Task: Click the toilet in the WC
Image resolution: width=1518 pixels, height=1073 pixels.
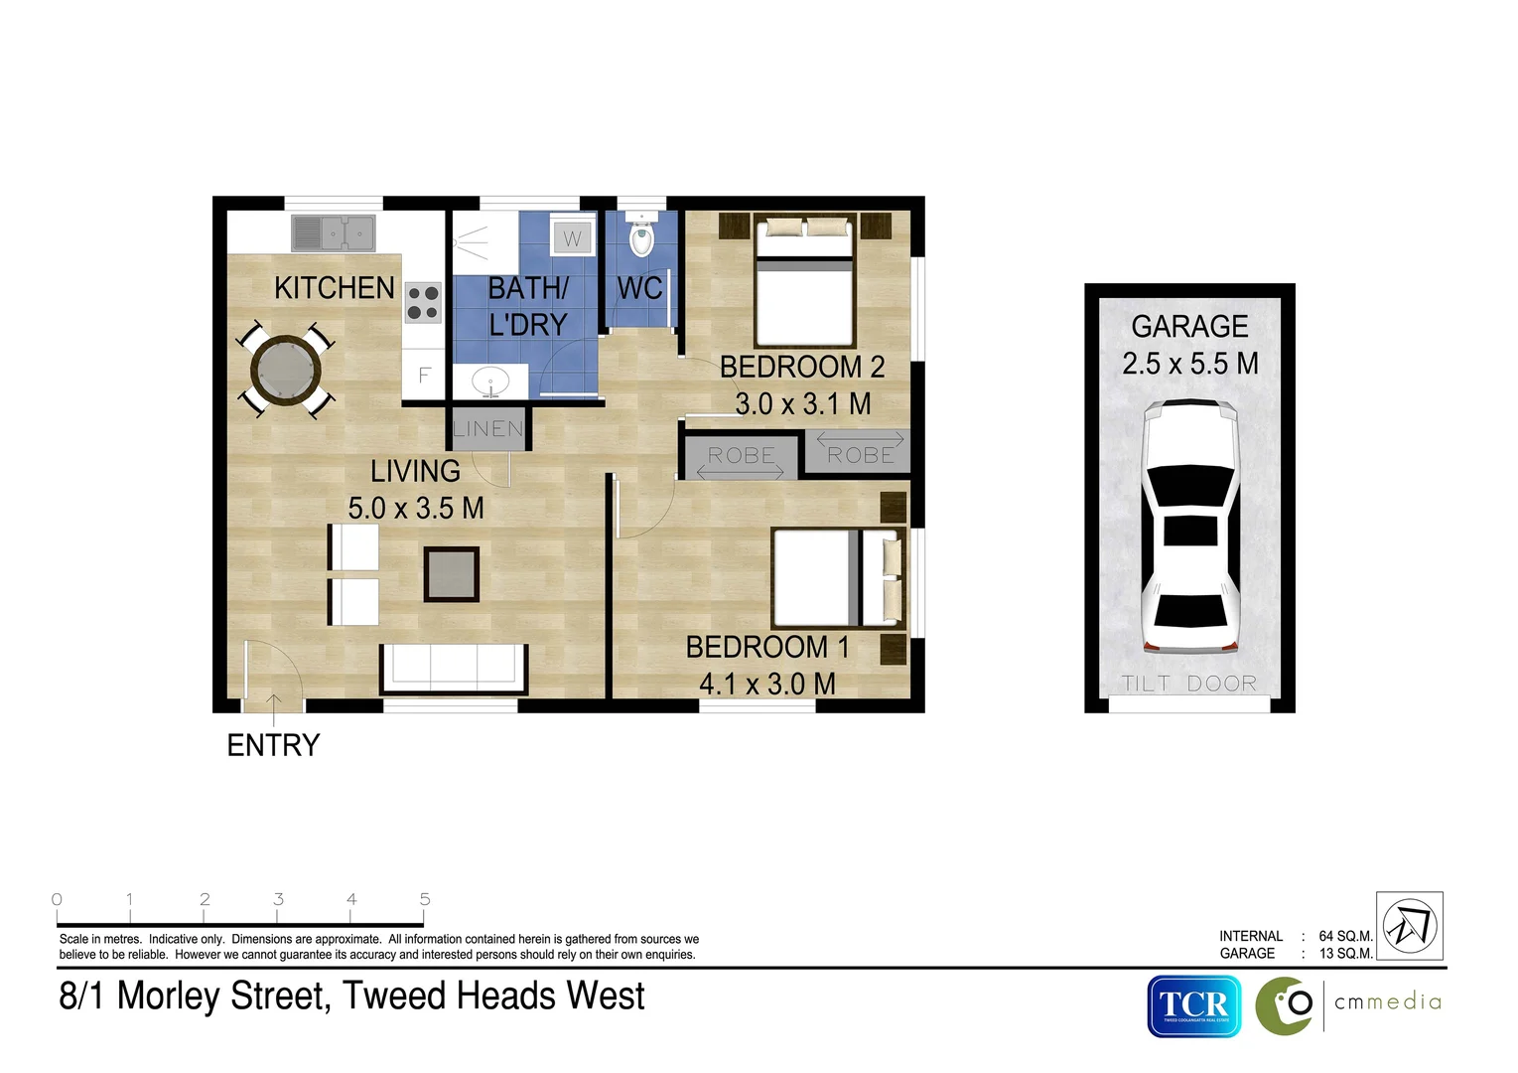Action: [x=642, y=237]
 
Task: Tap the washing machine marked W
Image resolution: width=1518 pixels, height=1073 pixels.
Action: [x=572, y=237]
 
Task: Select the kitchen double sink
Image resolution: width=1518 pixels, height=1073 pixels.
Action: [x=333, y=233]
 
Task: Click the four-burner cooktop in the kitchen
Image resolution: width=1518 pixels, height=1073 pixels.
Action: [x=423, y=303]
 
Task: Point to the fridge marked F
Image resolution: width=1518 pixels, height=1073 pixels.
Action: [x=424, y=376]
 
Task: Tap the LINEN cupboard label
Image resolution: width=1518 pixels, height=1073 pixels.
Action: [x=487, y=429]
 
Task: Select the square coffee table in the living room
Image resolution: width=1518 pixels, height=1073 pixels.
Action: [x=452, y=574]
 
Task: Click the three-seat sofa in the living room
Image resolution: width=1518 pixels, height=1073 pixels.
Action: [x=454, y=668]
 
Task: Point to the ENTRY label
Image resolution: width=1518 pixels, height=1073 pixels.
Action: [x=273, y=745]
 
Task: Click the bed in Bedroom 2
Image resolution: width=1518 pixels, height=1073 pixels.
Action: [x=804, y=283]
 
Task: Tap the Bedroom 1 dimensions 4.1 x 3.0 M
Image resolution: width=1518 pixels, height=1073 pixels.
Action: [x=766, y=685]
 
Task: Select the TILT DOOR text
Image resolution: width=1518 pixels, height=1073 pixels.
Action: [x=1189, y=684]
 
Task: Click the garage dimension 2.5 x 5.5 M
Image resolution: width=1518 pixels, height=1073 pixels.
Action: [x=1189, y=364]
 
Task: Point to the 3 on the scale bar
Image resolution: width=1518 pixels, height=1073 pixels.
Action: [x=278, y=899]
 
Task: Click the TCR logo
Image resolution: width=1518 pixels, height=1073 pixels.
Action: [x=1193, y=1005]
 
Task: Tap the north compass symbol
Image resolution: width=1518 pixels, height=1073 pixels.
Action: [x=1409, y=925]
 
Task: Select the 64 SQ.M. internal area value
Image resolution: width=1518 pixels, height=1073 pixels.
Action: [x=1345, y=936]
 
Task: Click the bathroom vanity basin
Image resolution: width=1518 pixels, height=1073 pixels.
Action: [x=489, y=381]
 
